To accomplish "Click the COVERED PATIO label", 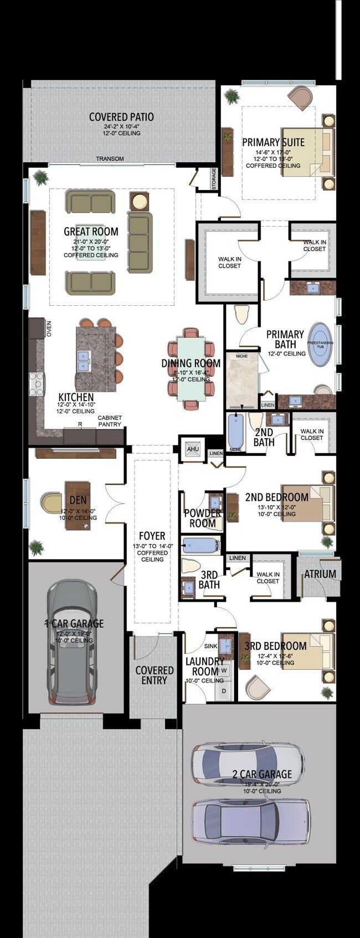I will tap(121, 117).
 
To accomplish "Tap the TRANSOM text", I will tap(110, 159).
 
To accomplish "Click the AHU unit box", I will tap(192, 449).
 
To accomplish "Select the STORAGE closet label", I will tap(214, 180).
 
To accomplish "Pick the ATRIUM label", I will tap(320, 574).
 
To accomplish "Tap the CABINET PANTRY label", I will tap(110, 421).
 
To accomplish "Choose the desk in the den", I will tap(78, 504).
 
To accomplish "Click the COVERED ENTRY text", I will tap(155, 675).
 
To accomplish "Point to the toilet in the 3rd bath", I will tap(191, 566).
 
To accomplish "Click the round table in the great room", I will tap(140, 201).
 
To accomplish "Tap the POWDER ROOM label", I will tap(203, 517).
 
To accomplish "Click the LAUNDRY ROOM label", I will tap(204, 666).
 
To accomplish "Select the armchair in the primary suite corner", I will tap(300, 97).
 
